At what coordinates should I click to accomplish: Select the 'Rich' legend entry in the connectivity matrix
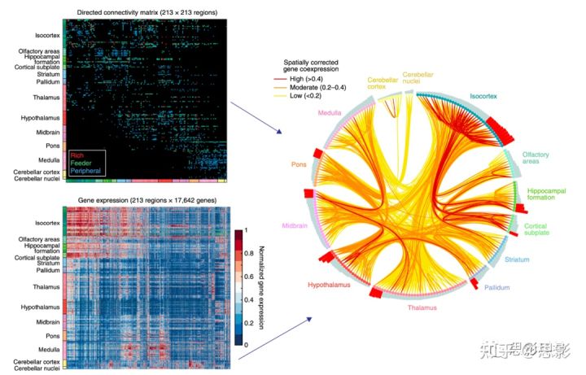(x=78, y=155)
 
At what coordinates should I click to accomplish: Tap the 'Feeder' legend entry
(x=82, y=164)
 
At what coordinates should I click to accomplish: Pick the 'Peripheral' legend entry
(x=88, y=172)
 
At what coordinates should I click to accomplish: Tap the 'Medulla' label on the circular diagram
(x=330, y=112)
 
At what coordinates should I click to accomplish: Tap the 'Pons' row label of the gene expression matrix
(x=50, y=335)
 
